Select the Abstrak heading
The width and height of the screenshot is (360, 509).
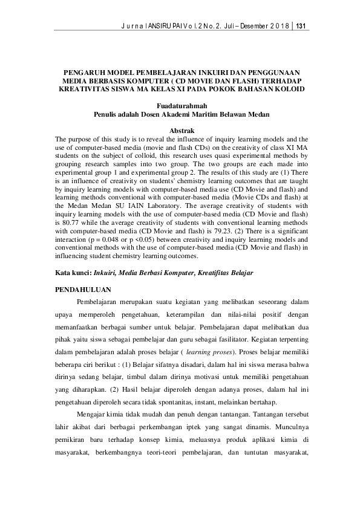click(182, 131)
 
